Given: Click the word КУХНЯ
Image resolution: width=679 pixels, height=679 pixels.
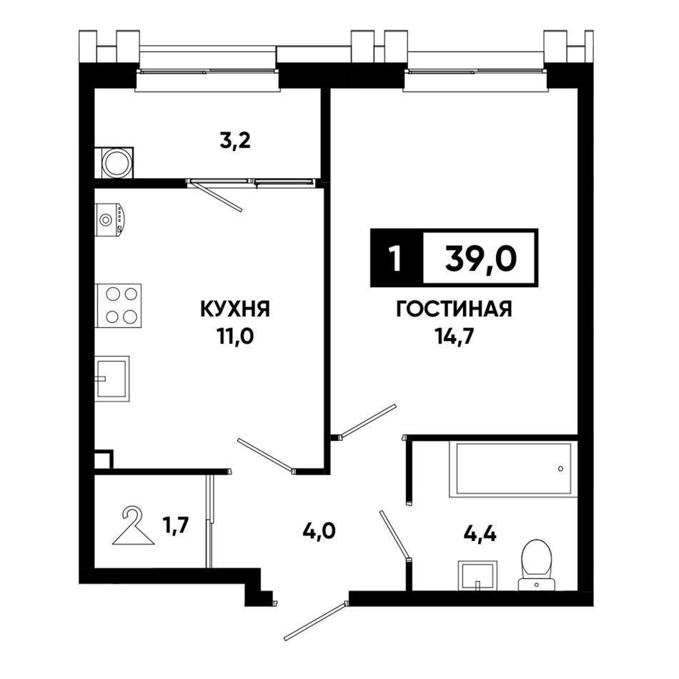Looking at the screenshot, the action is point(235,309).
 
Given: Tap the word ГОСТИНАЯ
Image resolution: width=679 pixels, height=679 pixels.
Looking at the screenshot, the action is point(455,309).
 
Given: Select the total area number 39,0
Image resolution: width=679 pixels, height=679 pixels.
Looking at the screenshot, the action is point(481,259).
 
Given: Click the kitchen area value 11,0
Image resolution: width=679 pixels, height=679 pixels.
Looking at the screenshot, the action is point(235,337).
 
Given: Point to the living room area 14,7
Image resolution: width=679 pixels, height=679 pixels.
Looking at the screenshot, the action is point(455,337).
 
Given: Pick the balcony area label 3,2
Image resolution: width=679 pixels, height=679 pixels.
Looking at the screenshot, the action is point(235,141).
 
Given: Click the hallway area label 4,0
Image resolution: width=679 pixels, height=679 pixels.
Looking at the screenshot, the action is point(319,530).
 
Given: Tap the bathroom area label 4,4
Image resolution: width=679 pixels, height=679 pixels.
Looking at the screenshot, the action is point(480,534).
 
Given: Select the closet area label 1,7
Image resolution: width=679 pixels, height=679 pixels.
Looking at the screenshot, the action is point(175,527).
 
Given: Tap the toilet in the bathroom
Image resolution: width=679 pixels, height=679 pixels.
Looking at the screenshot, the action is point(537,565).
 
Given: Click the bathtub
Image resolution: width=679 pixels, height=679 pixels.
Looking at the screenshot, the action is point(513,469).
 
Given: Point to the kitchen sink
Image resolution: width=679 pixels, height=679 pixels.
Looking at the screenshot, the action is point(112,379).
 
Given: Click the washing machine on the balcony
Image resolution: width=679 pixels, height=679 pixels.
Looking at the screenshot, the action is point(114,163).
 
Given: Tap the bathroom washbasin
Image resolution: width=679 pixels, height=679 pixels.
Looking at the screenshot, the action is point(477,575).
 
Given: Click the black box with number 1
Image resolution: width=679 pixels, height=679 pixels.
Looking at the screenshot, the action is point(396,259).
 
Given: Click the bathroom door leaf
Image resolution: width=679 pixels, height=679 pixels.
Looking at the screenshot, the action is point(395,535).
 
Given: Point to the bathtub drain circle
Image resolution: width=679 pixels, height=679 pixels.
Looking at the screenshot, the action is point(561,469).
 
